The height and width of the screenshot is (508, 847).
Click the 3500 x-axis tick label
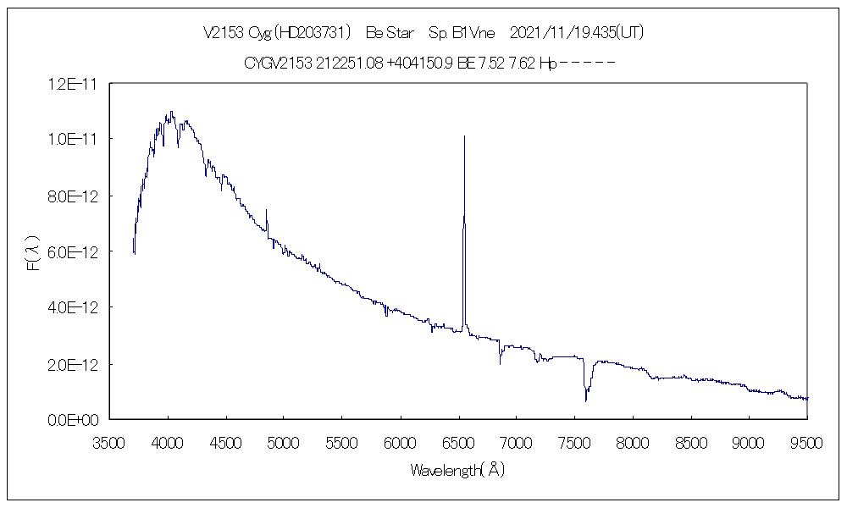point(109,442)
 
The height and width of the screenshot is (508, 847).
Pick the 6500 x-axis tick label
point(458,442)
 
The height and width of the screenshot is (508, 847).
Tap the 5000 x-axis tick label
point(284,442)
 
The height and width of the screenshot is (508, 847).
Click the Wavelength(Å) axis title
point(457,470)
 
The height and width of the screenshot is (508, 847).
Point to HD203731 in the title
point(314,33)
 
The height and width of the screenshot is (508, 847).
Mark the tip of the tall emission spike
point(464,135)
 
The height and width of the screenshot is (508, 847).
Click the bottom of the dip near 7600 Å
point(586,400)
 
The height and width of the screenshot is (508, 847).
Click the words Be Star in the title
point(389,33)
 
